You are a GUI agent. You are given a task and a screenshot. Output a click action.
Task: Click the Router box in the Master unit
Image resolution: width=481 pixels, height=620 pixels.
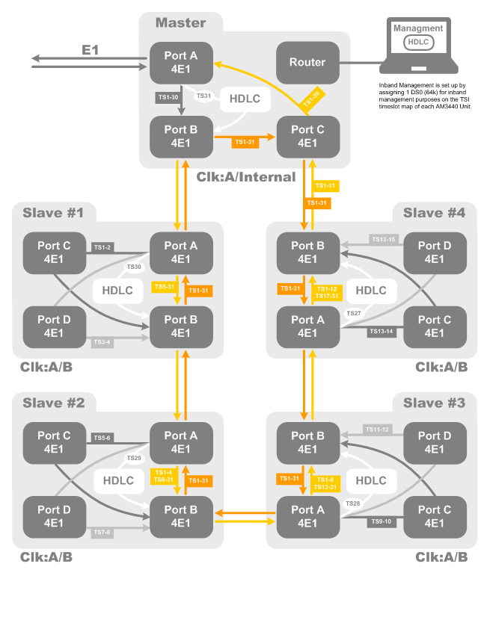pos(307,62)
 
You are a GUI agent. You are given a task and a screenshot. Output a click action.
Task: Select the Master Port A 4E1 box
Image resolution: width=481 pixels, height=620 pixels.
pos(181,62)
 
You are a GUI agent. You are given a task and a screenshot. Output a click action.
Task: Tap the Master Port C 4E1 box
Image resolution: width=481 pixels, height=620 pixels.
pos(307,136)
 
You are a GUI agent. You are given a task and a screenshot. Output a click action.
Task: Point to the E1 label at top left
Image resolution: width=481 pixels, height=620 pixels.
pos(90,51)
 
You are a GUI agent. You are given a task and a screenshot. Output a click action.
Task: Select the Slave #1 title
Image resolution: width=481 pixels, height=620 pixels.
pos(53,213)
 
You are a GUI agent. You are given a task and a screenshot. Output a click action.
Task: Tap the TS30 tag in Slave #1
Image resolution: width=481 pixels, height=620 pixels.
pos(134,267)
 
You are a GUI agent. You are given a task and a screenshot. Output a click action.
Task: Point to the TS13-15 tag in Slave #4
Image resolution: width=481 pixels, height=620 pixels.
pos(382,239)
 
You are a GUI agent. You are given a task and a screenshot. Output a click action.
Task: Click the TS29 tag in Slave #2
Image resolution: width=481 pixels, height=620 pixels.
pos(134,458)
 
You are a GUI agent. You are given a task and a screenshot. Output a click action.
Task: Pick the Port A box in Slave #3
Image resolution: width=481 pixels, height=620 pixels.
pos(307,517)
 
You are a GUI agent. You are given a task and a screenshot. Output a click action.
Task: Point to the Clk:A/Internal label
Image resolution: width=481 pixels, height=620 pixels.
pos(246,177)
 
